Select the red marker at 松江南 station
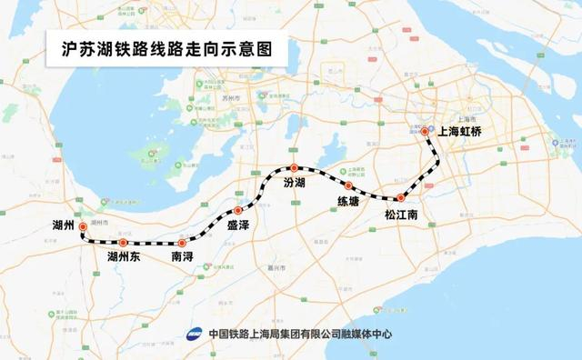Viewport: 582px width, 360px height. pos(400,197)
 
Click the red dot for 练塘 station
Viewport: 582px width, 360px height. pos(347,185)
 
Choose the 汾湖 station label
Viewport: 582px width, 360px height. pos(296,184)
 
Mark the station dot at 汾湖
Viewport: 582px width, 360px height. pos(294,167)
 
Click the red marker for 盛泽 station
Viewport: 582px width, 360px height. pos(238,210)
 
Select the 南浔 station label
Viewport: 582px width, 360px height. pos(183,258)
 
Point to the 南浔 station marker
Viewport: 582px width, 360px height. pos(182,243)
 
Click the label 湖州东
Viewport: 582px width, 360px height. pos(124,258)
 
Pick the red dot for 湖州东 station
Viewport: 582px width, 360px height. pos(123,243)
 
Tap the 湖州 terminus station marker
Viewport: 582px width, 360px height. pos(82,226)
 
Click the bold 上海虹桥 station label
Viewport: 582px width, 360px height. pos(465,131)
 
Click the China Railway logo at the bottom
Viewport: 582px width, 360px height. pos(195,333)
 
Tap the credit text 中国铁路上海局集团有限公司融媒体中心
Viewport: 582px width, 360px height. pos(300,333)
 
